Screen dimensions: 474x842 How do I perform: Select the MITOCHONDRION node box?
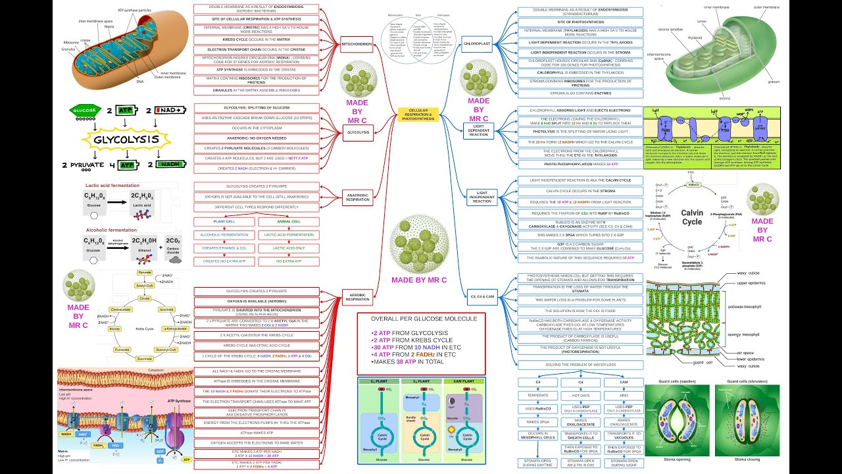point(357,46)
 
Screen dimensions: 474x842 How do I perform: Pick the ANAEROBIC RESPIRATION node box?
point(358,196)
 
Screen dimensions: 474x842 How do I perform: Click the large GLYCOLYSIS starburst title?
point(125,140)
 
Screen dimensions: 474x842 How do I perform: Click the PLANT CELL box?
point(224,222)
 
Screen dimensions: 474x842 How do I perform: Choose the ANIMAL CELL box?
point(288,222)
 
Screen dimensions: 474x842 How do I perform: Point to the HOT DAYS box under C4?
point(580,396)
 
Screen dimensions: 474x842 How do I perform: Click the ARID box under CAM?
point(624,396)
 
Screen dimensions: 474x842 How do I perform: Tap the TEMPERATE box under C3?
point(537,396)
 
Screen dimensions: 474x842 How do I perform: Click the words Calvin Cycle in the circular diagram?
point(691,217)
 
